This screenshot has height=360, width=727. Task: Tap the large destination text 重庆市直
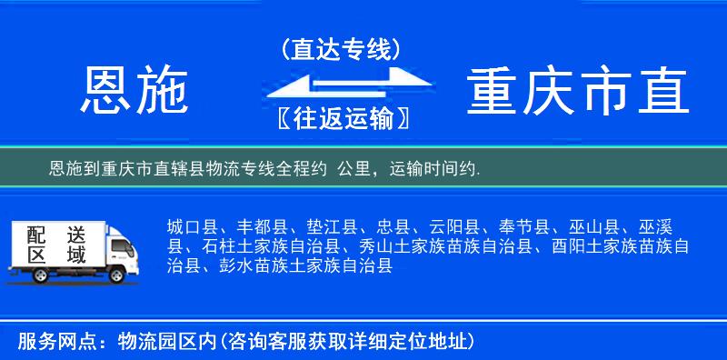point(578,92)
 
